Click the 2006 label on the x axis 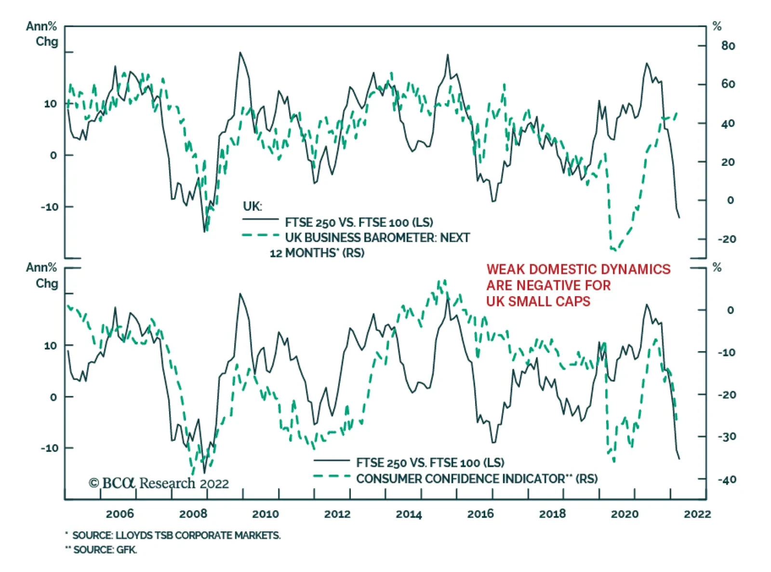pos(120,514)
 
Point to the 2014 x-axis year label pos(409,514)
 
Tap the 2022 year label pos(697,514)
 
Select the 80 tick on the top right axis pos(728,46)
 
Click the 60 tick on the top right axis pos(728,84)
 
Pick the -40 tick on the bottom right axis pos(727,479)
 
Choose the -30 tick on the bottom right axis pos(727,436)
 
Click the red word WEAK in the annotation pos(505,269)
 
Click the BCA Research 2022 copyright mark pos(159,483)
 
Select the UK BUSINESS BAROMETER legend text pos(377,237)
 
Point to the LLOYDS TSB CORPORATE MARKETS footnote pos(176,535)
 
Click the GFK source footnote pos(105,549)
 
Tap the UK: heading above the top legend pos(253,206)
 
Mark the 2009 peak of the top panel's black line pos(240,53)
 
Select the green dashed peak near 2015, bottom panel pos(442,281)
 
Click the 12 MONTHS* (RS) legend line pos(317,253)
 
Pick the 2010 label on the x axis pos(265,514)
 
